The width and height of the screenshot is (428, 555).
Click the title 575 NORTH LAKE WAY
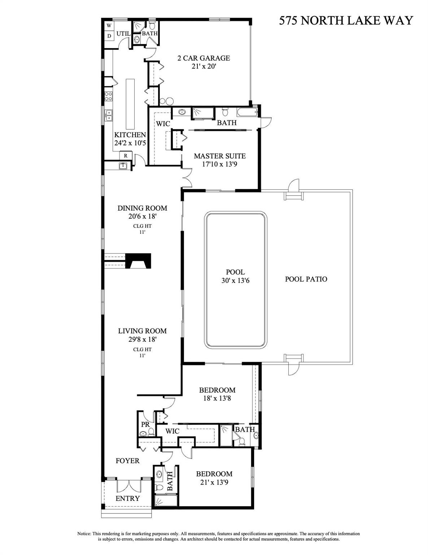[346, 21]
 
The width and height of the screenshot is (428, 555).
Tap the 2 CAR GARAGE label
[204, 58]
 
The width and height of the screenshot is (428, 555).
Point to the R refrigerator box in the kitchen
[125, 156]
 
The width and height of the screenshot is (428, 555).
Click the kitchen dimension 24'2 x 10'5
[130, 143]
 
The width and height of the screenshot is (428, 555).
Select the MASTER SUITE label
[219, 156]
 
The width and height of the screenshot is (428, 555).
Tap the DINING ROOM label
[142, 208]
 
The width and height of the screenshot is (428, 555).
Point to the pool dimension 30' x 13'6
[235, 280]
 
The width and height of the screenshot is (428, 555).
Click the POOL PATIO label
[306, 279]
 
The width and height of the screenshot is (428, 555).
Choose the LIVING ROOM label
[142, 331]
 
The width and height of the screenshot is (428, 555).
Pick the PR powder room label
[145, 425]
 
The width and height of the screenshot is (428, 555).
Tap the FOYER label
[127, 461]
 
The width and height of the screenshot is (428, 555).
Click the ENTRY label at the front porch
[127, 498]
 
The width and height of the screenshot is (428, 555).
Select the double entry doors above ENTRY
[128, 486]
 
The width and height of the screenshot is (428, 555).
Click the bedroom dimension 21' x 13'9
[214, 482]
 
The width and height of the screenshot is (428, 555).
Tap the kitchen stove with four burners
[108, 96]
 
